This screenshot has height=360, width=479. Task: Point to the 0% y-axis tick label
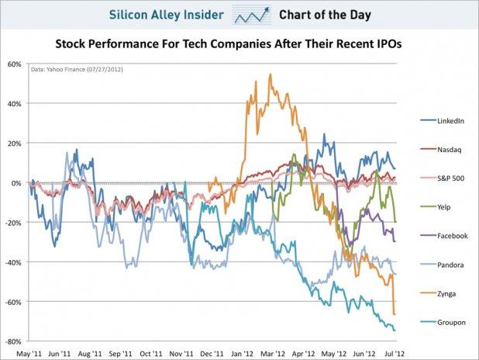click(x=16, y=183)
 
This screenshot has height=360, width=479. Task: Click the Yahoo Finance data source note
click(x=76, y=71)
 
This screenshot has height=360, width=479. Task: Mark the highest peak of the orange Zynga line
click(x=270, y=74)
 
